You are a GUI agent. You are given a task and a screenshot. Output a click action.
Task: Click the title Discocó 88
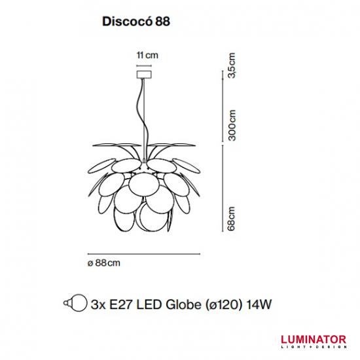click(x=136, y=22)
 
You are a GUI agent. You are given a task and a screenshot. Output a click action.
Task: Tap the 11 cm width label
click(x=147, y=56)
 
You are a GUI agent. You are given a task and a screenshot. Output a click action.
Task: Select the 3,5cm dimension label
click(x=232, y=65)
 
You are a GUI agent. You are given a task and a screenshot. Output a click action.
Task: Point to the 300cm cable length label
click(x=232, y=125)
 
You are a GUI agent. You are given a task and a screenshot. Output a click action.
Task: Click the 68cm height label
click(x=232, y=219)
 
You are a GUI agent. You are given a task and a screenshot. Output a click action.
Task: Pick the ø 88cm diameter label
click(x=104, y=263)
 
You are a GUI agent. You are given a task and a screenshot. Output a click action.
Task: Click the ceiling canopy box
click(x=144, y=75)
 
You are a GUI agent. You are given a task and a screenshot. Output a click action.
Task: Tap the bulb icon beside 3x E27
click(x=75, y=303)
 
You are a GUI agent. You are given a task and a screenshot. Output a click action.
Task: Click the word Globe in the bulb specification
click(x=183, y=304)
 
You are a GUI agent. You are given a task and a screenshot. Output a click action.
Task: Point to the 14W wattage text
click(x=259, y=304)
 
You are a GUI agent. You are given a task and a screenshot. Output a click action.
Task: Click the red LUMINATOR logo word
click(x=314, y=340)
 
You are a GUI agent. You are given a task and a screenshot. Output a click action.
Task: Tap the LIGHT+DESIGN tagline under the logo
click(x=314, y=347)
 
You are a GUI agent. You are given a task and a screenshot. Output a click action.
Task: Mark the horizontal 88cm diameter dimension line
click(x=144, y=254)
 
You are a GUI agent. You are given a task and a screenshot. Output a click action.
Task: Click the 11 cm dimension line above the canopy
click(x=144, y=66)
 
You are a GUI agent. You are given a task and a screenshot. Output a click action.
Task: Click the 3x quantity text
click(x=98, y=304)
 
